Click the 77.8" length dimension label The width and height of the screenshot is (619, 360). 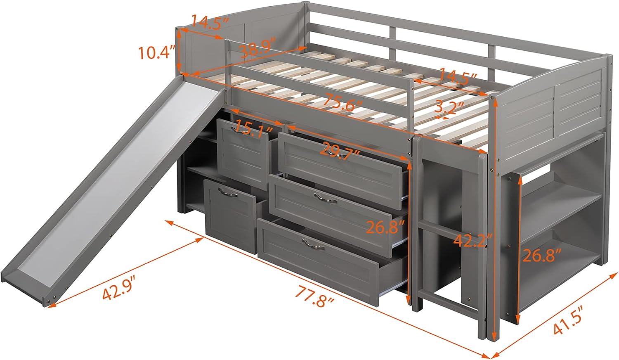(x=315, y=297)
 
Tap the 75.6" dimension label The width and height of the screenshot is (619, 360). (x=343, y=103)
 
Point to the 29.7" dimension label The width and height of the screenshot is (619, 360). (x=340, y=153)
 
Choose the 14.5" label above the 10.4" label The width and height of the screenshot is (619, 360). (x=210, y=22)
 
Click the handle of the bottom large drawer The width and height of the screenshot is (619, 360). (x=313, y=244)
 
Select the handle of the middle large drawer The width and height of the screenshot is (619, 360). (x=325, y=198)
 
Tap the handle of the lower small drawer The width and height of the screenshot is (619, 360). (x=228, y=192)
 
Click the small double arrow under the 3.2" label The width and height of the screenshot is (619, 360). (x=441, y=117)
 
